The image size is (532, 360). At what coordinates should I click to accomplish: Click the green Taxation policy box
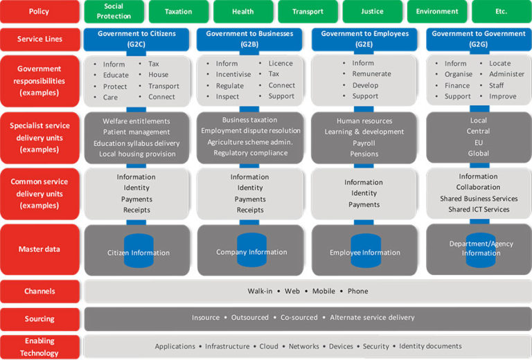179,11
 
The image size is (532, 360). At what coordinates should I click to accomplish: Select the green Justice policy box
372,11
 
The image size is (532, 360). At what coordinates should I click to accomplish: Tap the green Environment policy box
437,11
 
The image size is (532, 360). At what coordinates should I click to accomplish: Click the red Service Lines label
39,39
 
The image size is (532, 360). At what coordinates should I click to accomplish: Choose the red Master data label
39,249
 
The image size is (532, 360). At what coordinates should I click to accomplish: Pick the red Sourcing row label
39,318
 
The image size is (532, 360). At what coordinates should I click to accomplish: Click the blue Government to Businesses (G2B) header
249,39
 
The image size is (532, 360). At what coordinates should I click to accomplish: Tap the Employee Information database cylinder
365,251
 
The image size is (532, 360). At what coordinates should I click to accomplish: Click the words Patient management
136,132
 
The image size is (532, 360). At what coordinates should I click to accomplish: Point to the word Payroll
364,143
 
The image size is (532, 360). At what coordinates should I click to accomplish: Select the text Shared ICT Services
479,209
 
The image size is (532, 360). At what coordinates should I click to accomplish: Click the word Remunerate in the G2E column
371,74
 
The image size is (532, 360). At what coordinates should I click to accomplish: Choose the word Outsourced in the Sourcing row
250,318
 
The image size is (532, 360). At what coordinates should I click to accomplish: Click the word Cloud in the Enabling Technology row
269,346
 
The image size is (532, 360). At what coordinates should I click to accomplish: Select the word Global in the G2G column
479,153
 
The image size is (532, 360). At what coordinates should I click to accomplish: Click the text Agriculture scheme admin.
250,142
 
